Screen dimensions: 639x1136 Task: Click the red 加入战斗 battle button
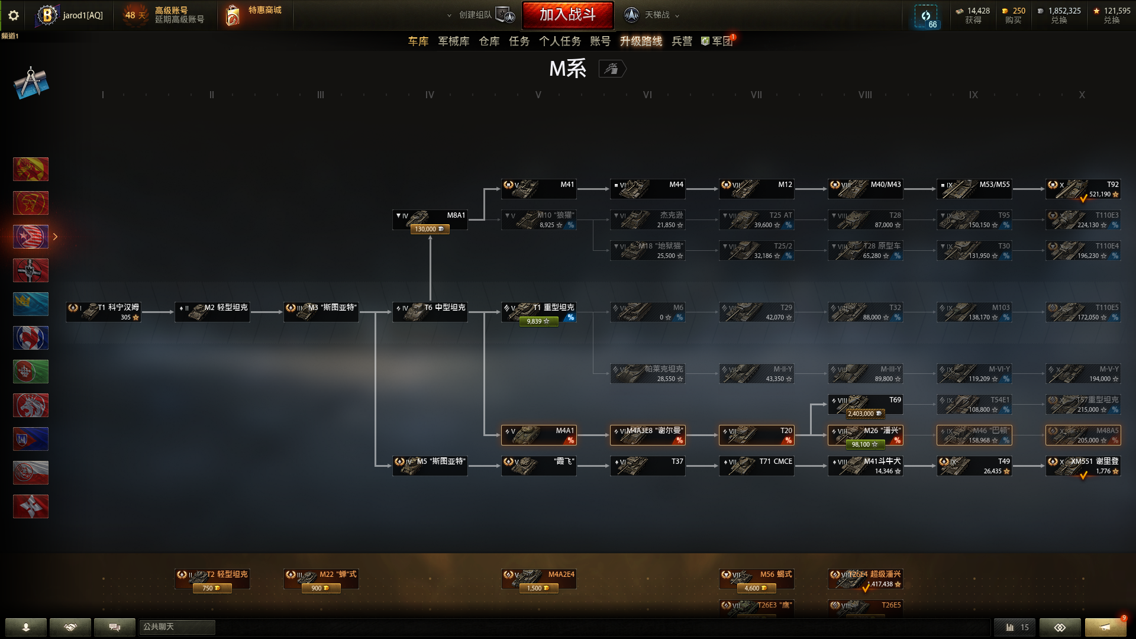[x=567, y=15]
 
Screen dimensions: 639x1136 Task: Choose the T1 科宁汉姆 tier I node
[x=104, y=312]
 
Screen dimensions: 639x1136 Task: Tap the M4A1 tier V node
[x=539, y=435]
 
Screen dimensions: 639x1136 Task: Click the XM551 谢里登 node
[x=1083, y=466]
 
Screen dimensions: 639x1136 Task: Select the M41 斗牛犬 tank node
[x=866, y=466]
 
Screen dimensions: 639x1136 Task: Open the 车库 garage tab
[x=418, y=41]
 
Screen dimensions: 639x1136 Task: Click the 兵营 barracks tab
[x=682, y=41]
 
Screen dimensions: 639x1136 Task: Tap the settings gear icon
[x=13, y=15]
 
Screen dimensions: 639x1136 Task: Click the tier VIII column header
[x=865, y=95]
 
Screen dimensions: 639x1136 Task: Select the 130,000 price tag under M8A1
[x=430, y=229]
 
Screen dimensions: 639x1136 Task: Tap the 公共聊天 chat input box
[x=177, y=627]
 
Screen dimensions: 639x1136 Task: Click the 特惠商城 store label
[x=264, y=10]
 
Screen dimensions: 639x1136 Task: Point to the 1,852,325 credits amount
[x=1064, y=11]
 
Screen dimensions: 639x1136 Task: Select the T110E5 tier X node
[x=1083, y=312]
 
